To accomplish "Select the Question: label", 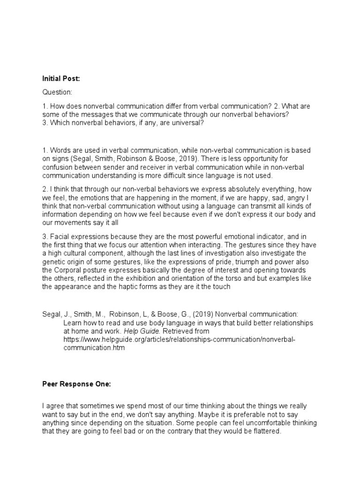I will [57, 93].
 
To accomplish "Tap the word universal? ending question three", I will [188, 123].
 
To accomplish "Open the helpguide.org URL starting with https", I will [180, 340].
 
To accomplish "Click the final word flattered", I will [266, 432].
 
